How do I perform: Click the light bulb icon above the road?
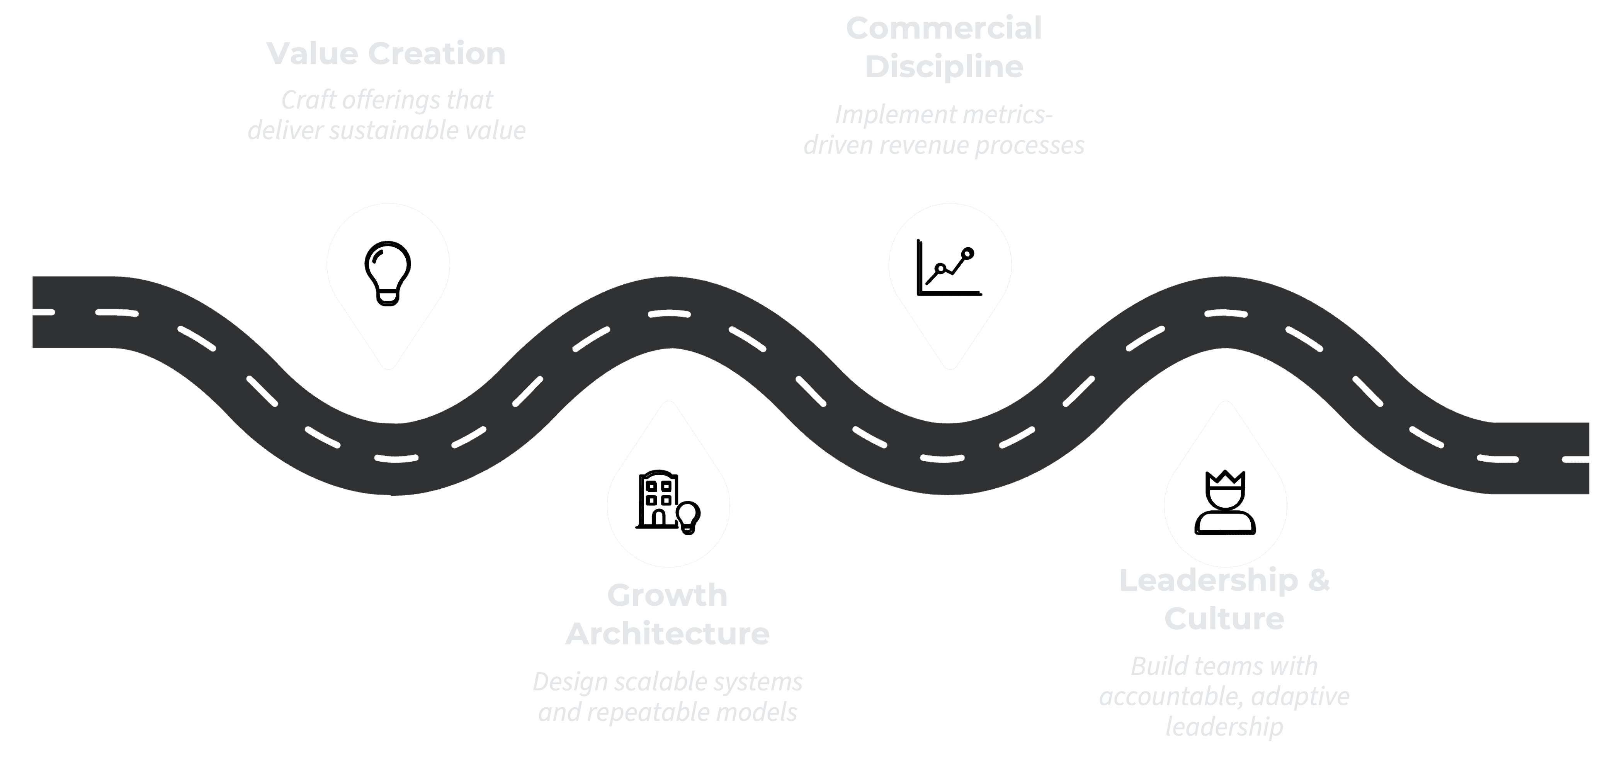388,273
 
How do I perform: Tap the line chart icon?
949,268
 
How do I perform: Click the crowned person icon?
1225,502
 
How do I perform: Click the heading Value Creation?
386,54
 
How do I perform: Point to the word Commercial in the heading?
944,28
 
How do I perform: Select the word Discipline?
944,67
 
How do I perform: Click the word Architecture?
667,633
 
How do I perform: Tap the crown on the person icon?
1225,478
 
